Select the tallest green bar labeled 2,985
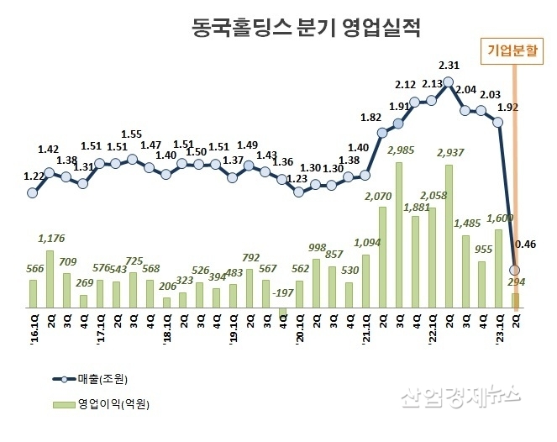[398, 235]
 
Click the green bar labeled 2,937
[449, 236]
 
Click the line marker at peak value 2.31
[449, 82]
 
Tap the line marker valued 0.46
[515, 270]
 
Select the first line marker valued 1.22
[33, 192]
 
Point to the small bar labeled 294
[515, 300]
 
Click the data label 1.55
[131, 134]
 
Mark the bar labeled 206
[166, 303]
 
